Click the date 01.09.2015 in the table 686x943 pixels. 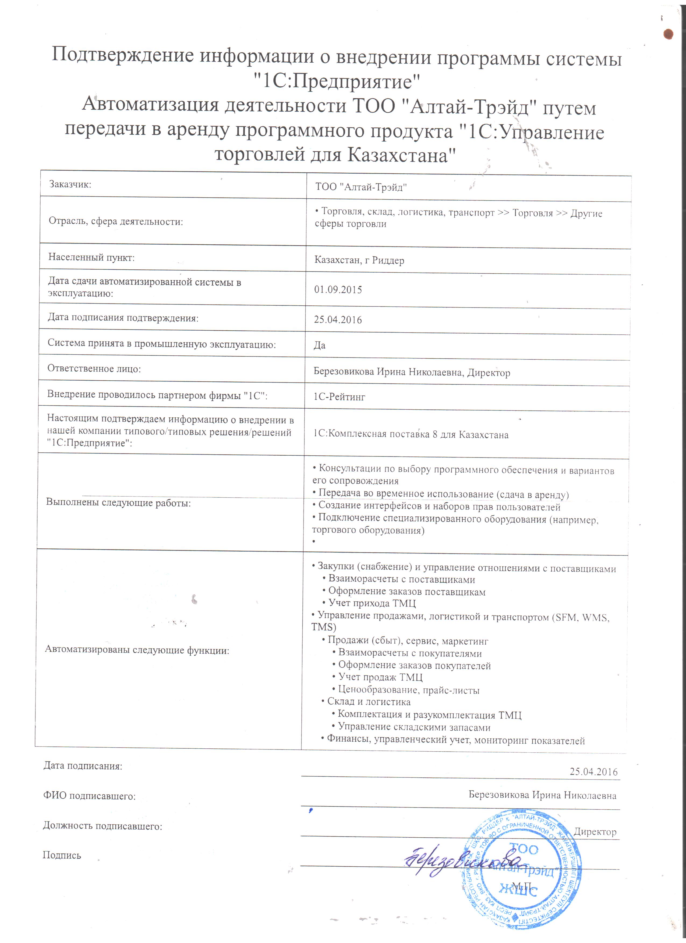tap(338, 290)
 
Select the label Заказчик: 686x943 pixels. tap(70, 184)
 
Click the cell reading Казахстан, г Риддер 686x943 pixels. tap(359, 260)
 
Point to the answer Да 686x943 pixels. tap(320, 345)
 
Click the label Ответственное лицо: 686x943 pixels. tap(94, 369)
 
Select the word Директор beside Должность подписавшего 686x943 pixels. tap(595, 831)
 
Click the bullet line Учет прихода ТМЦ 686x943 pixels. tap(372, 603)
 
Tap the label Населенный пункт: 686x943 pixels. tap(91, 257)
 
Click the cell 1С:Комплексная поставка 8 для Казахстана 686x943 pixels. tap(411, 434)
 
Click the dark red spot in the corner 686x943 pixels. tap(668, 34)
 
